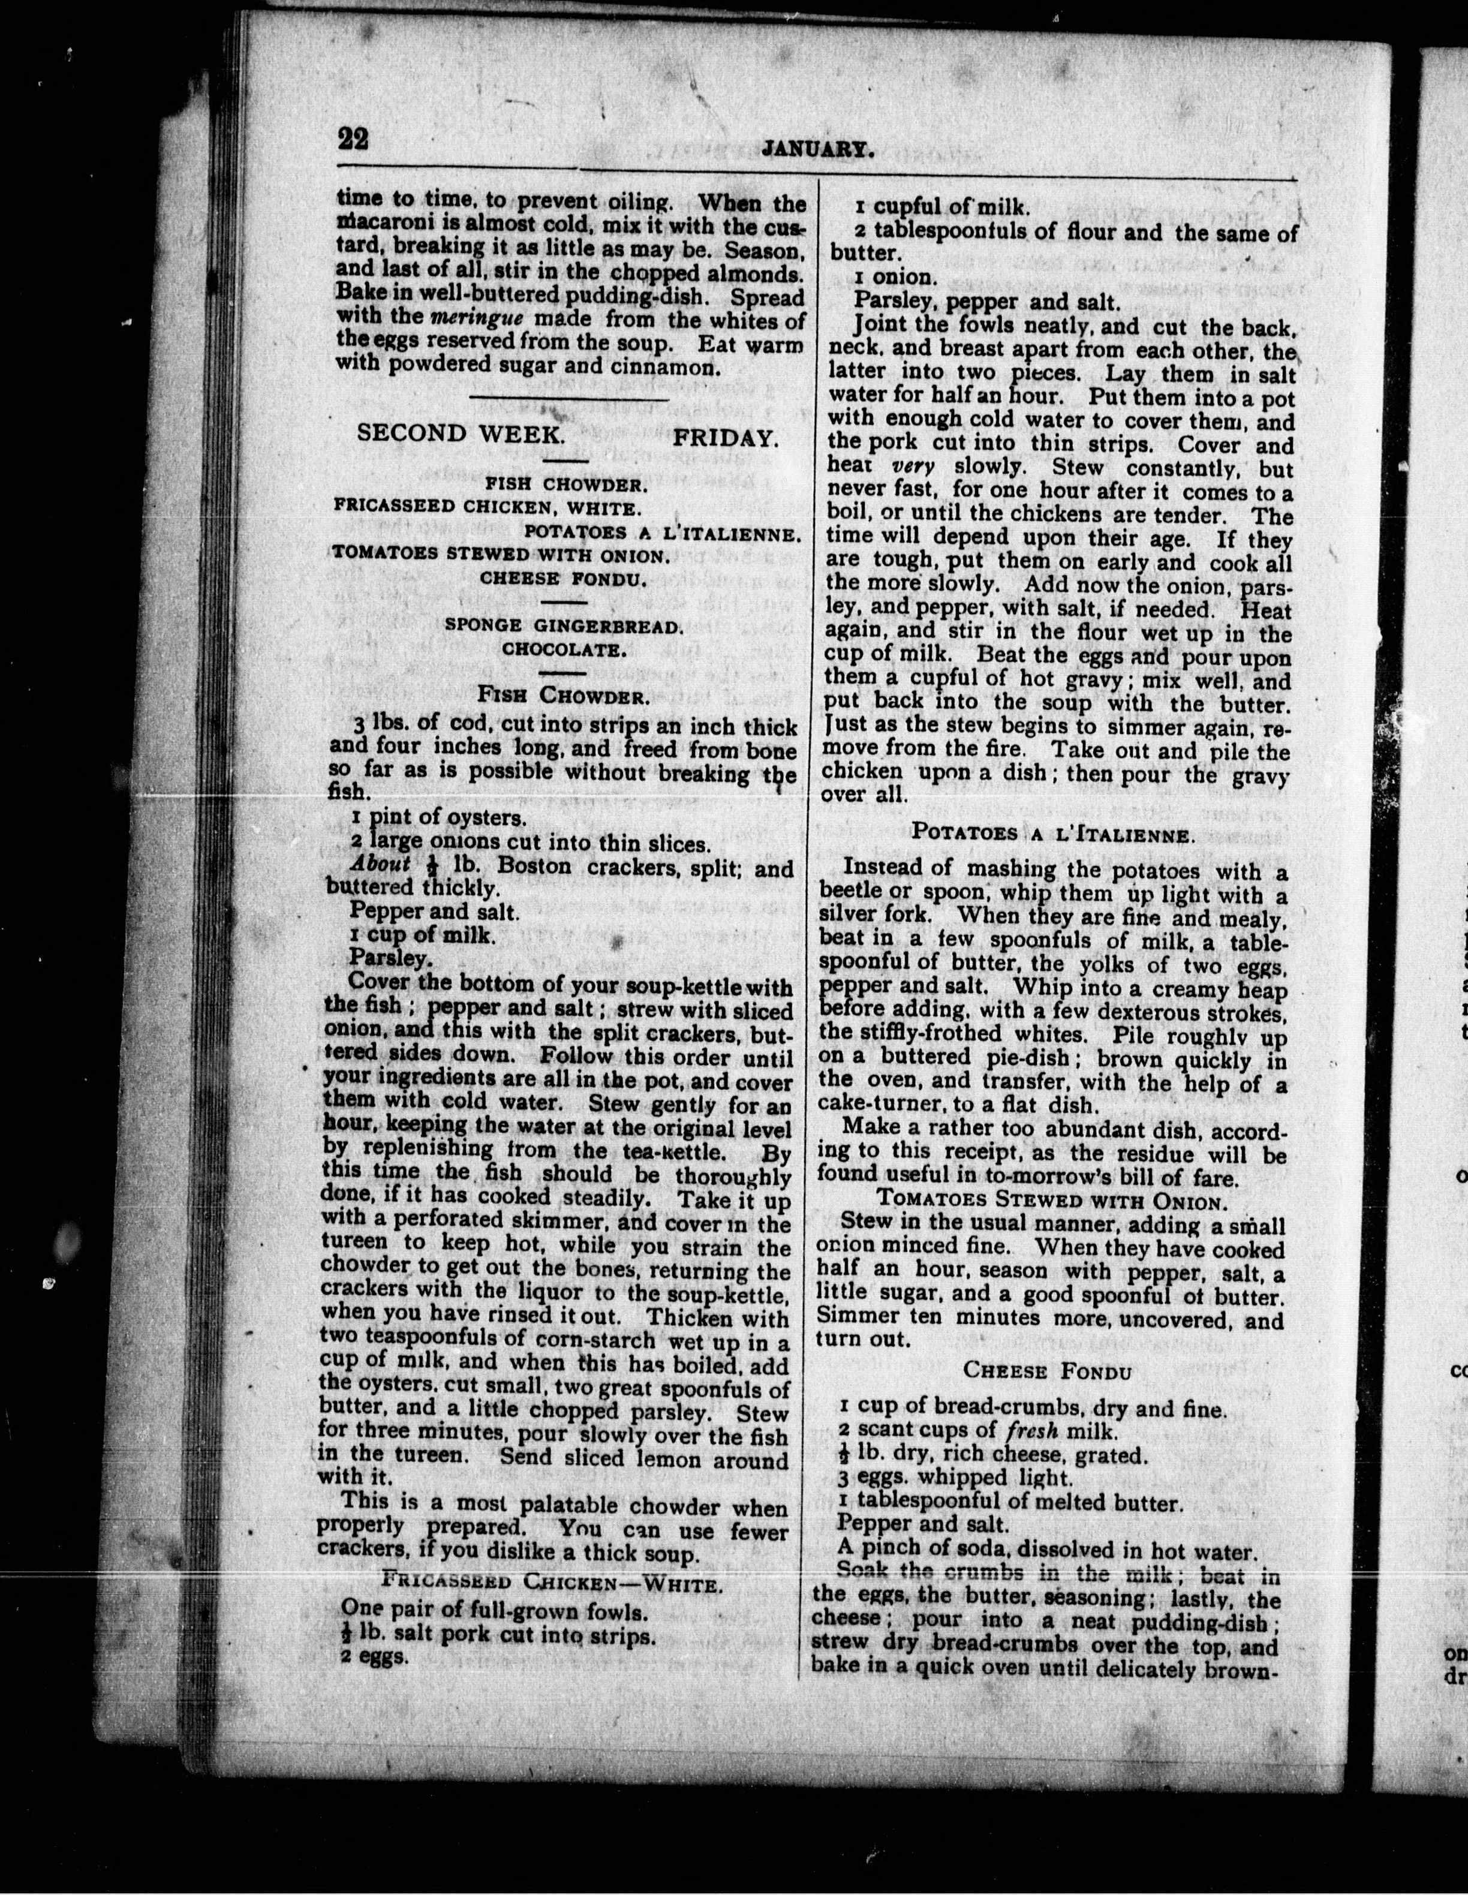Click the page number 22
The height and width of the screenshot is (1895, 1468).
pos(353,139)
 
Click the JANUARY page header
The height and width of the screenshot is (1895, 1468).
pos(816,150)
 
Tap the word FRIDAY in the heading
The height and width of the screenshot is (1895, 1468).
pos(726,437)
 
